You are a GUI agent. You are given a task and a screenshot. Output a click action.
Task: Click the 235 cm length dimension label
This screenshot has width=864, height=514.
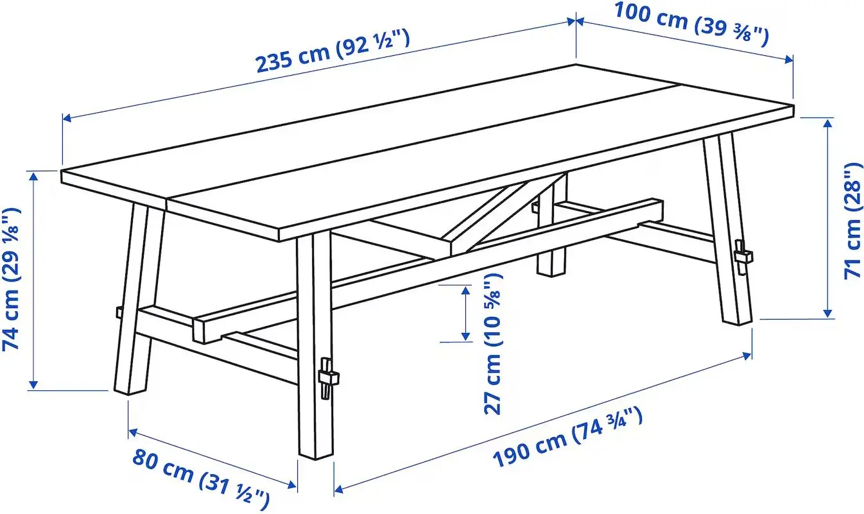[332, 51]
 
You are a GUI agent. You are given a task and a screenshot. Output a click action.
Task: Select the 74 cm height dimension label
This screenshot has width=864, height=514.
[12, 278]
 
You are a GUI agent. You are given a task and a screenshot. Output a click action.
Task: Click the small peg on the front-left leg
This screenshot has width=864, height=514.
[119, 313]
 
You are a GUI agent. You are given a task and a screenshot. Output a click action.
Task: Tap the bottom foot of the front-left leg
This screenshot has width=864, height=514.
[131, 386]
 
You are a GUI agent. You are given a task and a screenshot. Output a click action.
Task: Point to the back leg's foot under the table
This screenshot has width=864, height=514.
[551, 268]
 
